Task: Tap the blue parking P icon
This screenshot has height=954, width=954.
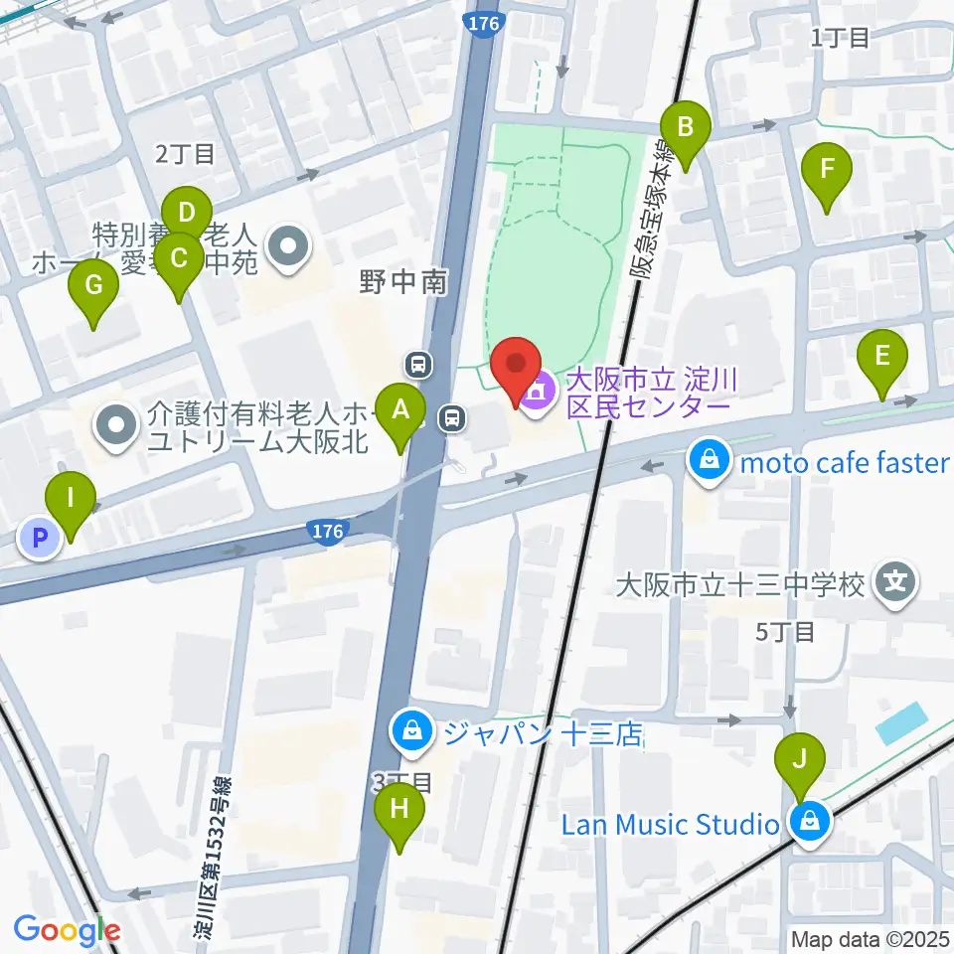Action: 40,540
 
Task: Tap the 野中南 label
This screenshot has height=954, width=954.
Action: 403,283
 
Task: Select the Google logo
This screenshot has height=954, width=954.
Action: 67,931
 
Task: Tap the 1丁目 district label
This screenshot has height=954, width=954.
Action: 840,38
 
